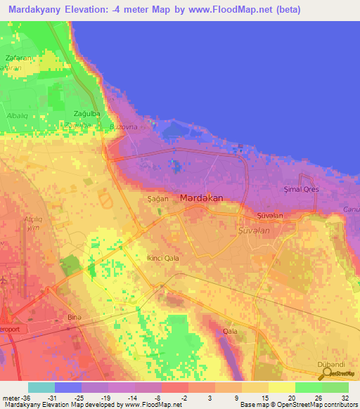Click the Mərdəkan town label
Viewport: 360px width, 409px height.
201,198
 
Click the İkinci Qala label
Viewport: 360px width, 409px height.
162,258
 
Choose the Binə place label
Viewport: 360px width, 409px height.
75,318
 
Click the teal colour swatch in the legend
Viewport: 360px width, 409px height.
41,387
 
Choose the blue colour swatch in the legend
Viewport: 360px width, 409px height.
68,387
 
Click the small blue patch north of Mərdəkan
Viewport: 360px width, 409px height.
175,166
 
